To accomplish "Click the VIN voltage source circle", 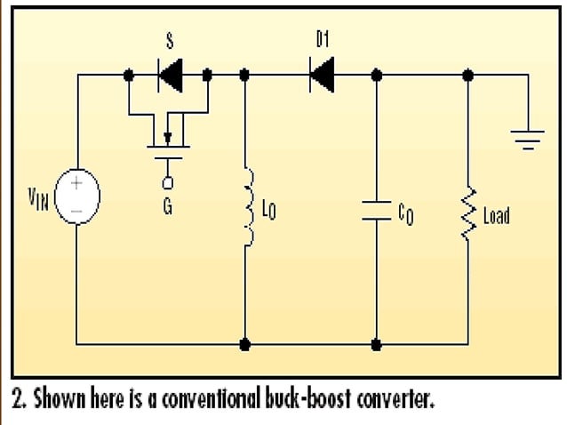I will pyautogui.click(x=77, y=196).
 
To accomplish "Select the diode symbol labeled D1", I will pyautogui.click(x=322, y=76).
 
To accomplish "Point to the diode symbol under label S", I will pyautogui.click(x=169, y=76).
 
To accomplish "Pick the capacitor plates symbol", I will pyautogui.click(x=376, y=210).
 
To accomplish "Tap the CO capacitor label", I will pyautogui.click(x=404, y=214).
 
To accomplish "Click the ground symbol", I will pyautogui.click(x=527, y=139).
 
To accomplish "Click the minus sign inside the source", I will pyautogui.click(x=76, y=211).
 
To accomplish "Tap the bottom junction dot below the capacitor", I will pyautogui.click(x=376, y=343).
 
